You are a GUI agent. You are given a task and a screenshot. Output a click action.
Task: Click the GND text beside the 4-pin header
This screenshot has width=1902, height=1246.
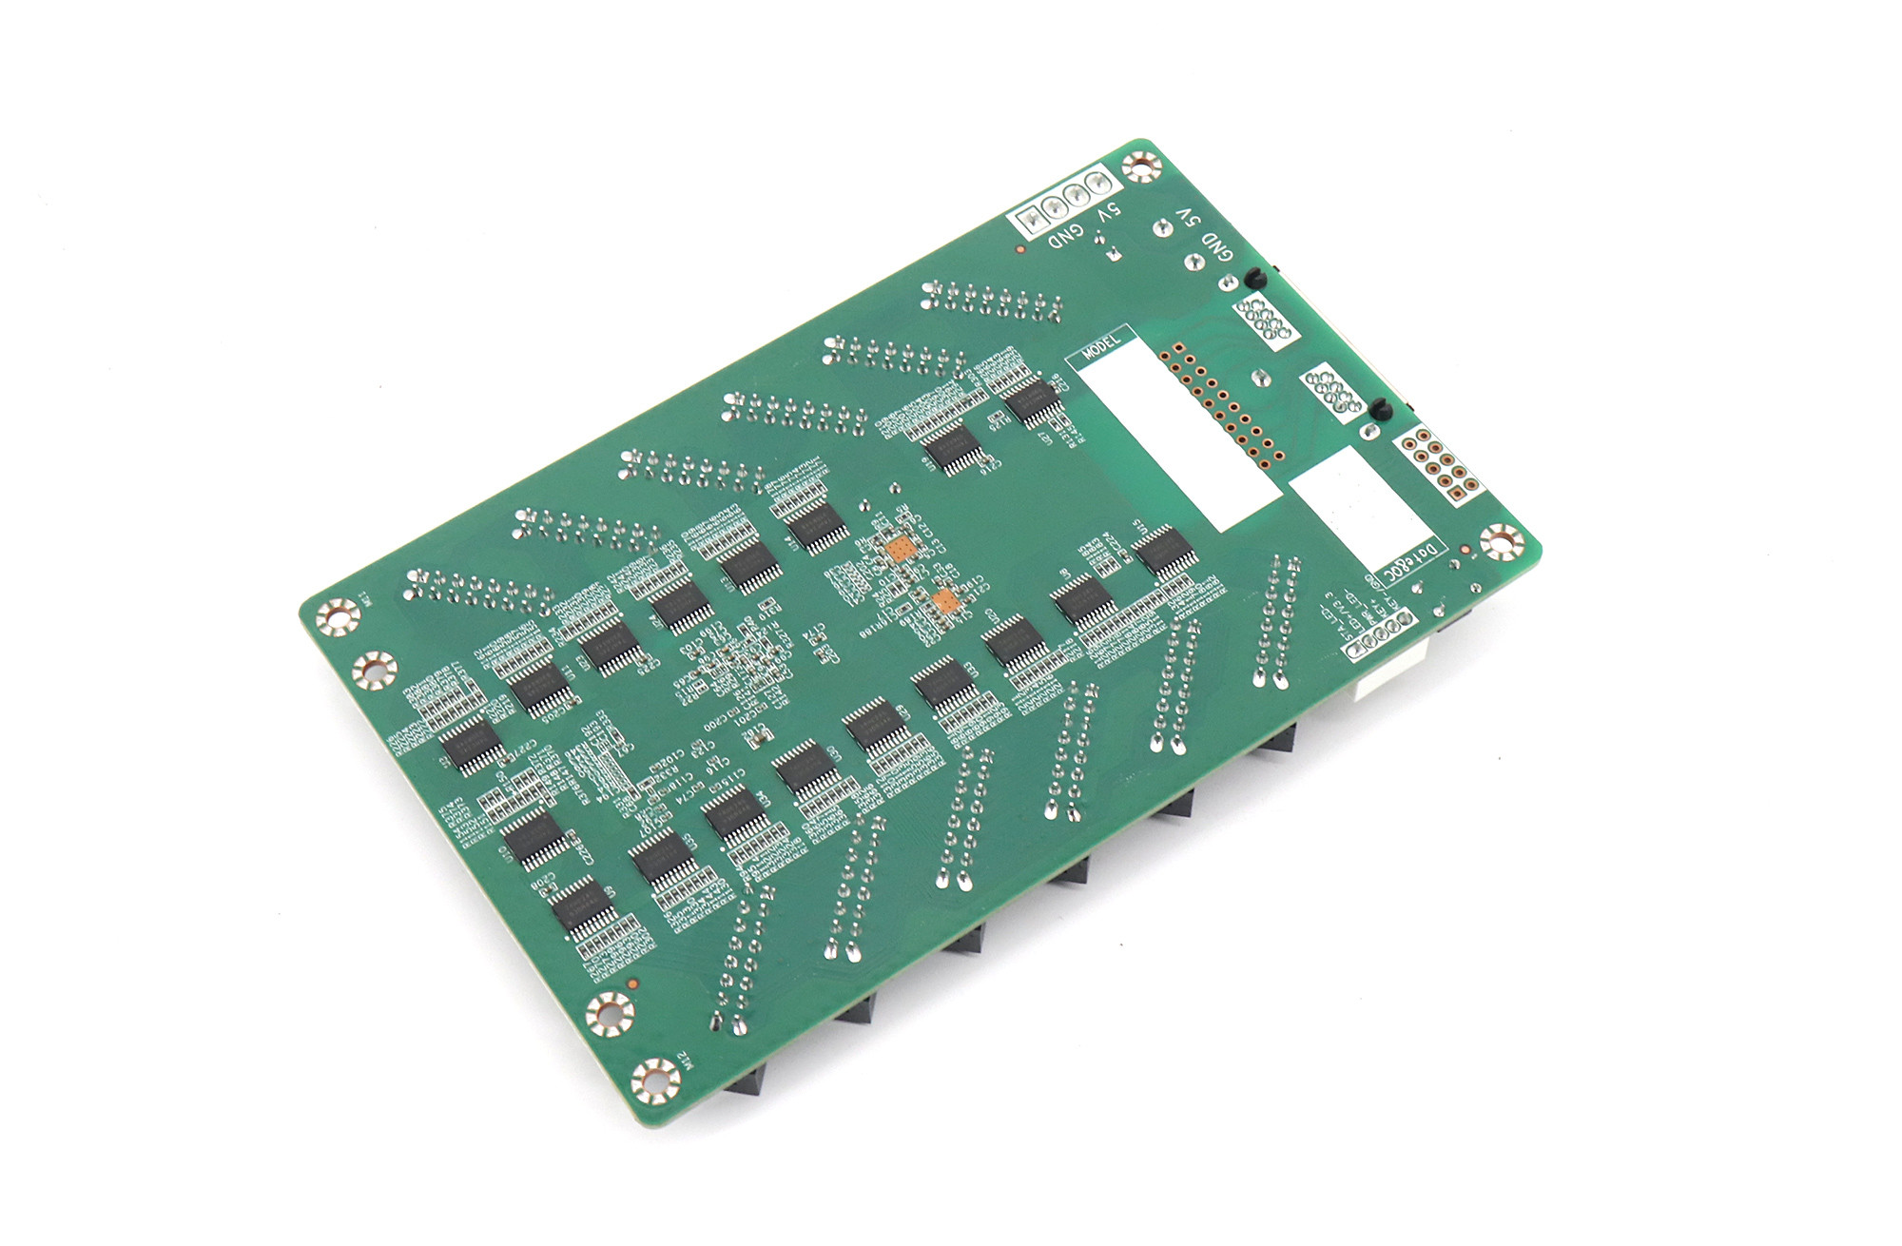coord(1068,235)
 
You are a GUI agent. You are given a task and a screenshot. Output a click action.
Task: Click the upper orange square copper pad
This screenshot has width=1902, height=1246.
coord(900,550)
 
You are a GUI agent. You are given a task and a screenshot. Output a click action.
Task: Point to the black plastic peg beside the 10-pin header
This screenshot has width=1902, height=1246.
coord(1381,409)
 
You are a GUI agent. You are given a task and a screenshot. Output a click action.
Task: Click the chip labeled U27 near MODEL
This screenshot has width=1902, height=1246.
coord(1031,402)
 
